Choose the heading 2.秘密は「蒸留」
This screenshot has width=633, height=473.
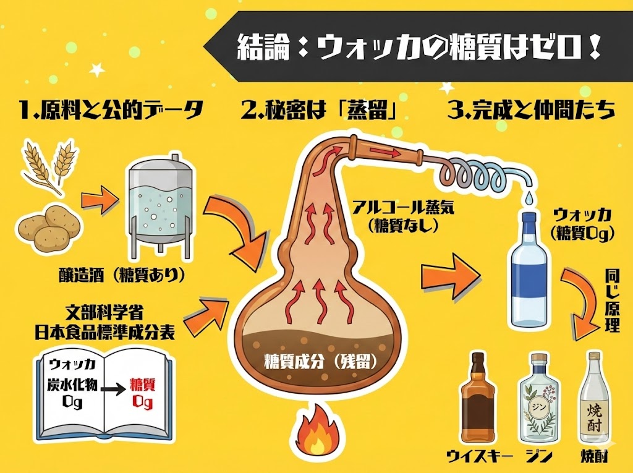(x=318, y=111)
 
